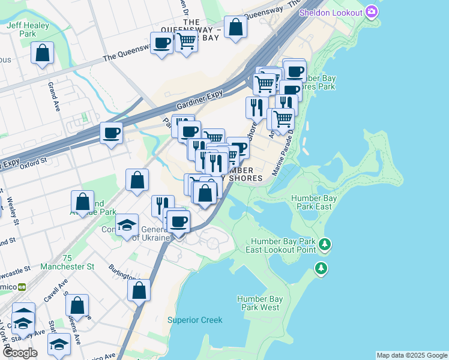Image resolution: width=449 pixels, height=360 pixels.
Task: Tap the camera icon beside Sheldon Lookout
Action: [372, 12]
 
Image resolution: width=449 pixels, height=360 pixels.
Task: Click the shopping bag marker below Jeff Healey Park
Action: [43, 53]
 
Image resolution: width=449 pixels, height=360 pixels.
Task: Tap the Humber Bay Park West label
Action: [259, 303]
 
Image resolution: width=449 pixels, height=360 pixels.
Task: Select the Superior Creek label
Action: [194, 320]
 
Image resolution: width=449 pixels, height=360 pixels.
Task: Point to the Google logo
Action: [20, 352]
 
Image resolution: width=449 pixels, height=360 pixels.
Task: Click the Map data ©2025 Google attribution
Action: [412, 355]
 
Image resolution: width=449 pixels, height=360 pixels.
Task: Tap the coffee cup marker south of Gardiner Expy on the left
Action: [111, 133]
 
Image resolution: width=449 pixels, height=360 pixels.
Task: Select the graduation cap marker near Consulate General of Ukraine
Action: [127, 226]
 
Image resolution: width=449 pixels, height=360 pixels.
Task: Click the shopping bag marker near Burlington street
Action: [139, 290]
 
